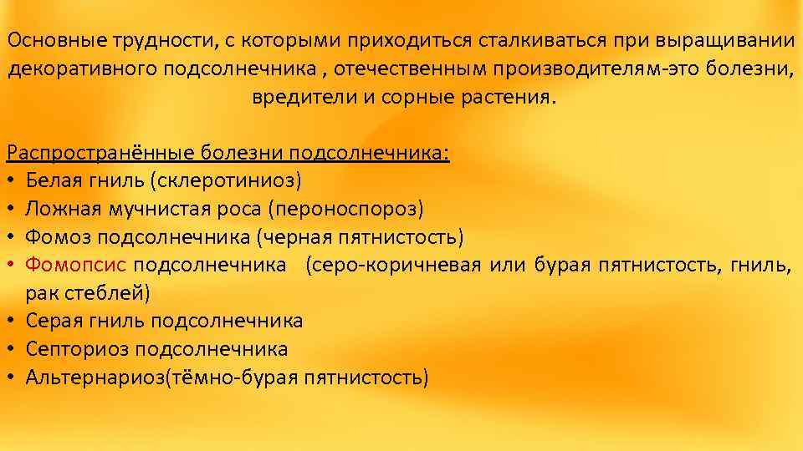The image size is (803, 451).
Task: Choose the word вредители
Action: point(303,97)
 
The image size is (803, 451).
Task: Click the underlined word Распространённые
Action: point(101,153)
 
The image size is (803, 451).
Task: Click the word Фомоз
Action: point(53,236)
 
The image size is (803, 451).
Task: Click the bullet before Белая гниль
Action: point(11,180)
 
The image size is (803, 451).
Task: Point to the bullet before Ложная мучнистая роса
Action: point(11,209)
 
